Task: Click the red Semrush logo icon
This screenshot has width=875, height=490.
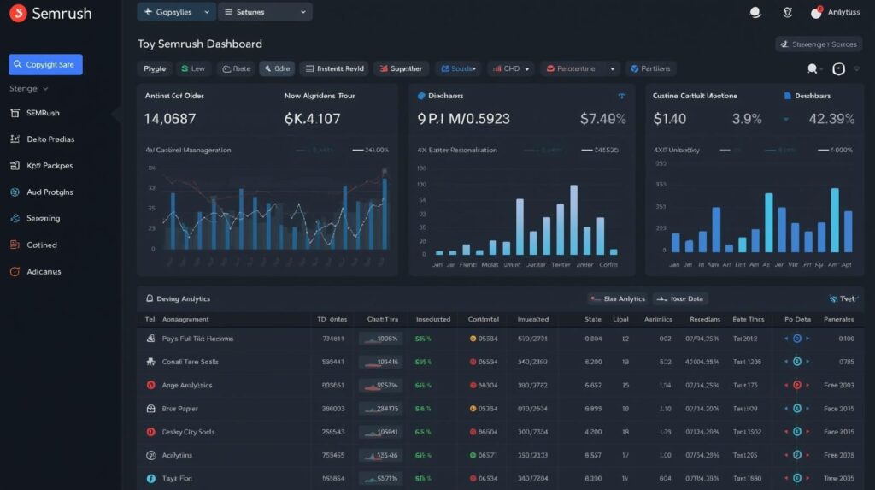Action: click(16, 14)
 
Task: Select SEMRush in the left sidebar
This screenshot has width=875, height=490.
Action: click(43, 113)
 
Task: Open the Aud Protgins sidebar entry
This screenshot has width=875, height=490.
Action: click(49, 192)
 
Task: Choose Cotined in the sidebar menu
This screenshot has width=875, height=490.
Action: click(41, 245)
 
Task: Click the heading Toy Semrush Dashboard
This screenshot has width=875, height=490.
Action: click(199, 44)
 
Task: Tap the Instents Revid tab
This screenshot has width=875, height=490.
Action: click(333, 68)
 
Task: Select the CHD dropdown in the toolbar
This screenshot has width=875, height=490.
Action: click(511, 68)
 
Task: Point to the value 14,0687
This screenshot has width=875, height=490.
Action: click(170, 119)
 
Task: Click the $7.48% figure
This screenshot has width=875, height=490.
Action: click(602, 119)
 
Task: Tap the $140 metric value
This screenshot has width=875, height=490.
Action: click(669, 119)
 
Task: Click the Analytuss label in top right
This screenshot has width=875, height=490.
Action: click(843, 13)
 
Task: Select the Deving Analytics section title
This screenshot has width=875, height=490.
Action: click(183, 298)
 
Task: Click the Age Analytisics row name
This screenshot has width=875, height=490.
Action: click(186, 386)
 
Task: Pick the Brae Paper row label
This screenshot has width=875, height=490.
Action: click(179, 409)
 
